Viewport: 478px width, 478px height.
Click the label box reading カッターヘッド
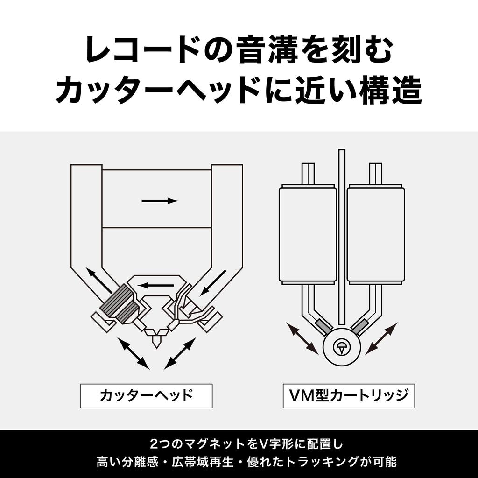point(146,396)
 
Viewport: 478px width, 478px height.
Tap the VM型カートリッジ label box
point(349,396)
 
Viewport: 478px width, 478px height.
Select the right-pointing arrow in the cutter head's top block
point(160,201)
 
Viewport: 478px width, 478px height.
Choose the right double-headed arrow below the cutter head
point(179,354)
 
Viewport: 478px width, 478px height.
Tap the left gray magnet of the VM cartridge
point(323,327)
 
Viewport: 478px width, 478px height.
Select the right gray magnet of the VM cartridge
point(361,327)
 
